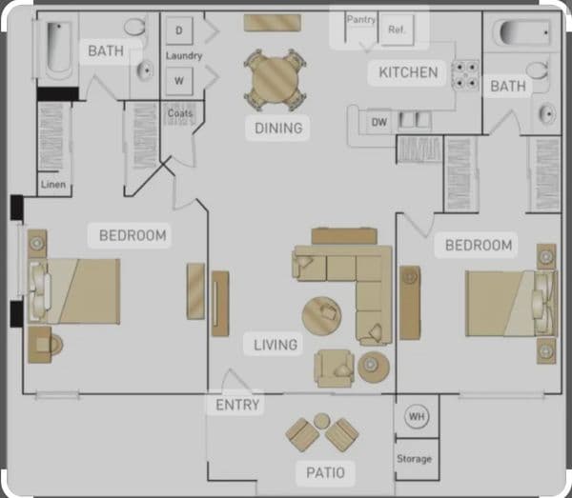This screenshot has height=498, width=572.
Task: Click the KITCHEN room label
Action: tap(408, 72)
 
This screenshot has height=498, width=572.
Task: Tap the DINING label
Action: tap(277, 128)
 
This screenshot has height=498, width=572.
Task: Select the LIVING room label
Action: tap(276, 344)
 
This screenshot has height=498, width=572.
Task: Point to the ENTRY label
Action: tap(237, 405)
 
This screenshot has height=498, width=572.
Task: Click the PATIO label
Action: tap(325, 472)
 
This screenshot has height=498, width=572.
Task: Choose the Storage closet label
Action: tap(415, 459)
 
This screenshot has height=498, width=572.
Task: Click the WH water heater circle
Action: tap(416, 416)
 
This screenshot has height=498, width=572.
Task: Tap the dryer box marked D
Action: tap(178, 30)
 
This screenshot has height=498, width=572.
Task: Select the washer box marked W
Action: tap(178, 80)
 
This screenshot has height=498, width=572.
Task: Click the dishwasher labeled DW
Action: tap(379, 122)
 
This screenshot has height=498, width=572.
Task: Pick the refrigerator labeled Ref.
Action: tap(395, 30)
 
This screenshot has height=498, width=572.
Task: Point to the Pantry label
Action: tap(361, 19)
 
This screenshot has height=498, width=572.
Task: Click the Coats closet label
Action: tap(179, 113)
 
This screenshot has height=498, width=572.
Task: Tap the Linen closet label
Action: tap(53, 184)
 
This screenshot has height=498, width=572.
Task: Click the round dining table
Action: tap(276, 78)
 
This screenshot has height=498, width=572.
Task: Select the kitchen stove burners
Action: tap(465, 74)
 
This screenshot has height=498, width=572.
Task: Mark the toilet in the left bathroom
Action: tap(135, 27)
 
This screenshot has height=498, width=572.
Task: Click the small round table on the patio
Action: tap(322, 421)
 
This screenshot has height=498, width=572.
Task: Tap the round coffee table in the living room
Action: tap(322, 311)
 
